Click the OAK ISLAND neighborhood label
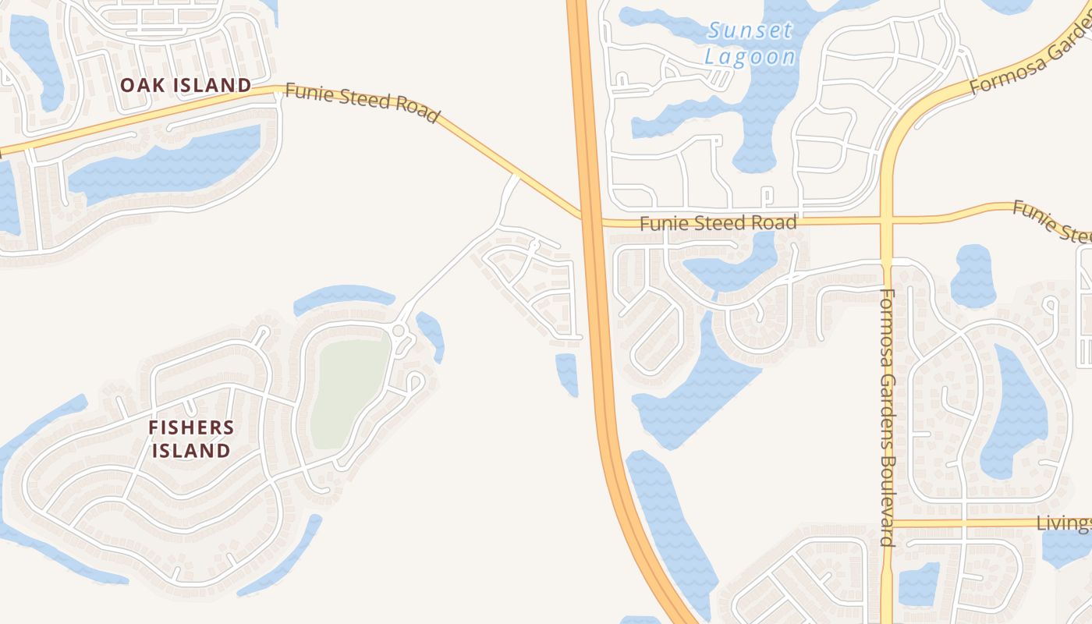tap(186, 85)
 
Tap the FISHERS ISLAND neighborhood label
tap(191, 438)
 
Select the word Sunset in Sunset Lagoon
tap(750, 31)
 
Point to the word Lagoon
tap(750, 57)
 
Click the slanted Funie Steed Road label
tap(362, 103)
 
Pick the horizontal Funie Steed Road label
tap(718, 223)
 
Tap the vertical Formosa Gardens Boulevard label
tap(887, 417)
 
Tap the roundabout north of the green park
tap(399, 331)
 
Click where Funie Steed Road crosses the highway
tap(590, 219)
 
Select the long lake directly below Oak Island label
tap(168, 165)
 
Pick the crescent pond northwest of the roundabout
tap(344, 296)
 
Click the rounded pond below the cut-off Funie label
tap(973, 276)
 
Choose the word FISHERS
tap(191, 427)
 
